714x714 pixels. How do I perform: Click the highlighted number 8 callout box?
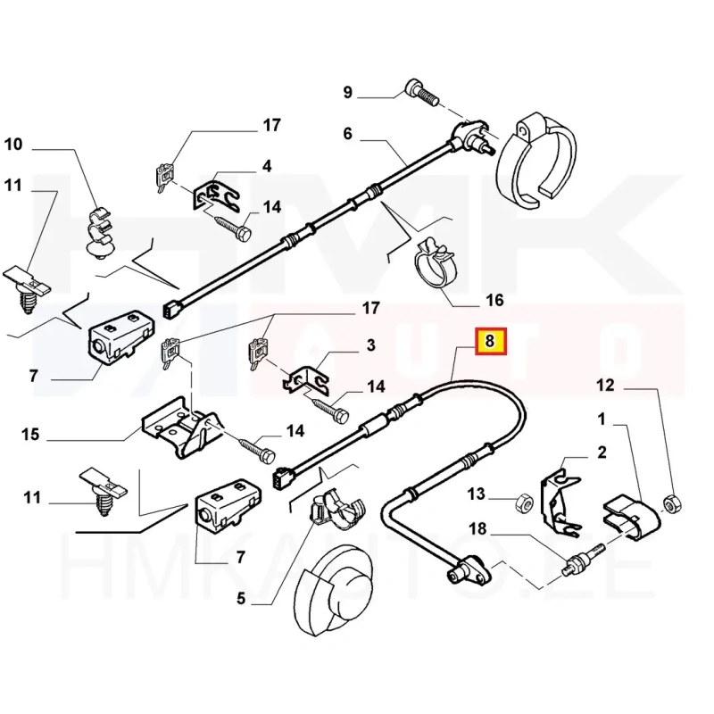coord(490,341)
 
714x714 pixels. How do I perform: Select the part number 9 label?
coord(348,92)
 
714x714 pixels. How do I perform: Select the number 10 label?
coord(12,143)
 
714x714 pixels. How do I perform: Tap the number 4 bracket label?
coord(267,166)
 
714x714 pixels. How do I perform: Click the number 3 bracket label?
coord(369,345)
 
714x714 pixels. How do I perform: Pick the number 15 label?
coord(30,435)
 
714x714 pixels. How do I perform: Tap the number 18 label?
coord(477,529)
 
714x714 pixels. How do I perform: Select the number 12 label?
coord(606,386)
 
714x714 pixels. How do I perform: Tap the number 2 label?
coord(602,452)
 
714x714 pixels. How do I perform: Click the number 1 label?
coord(602,418)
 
